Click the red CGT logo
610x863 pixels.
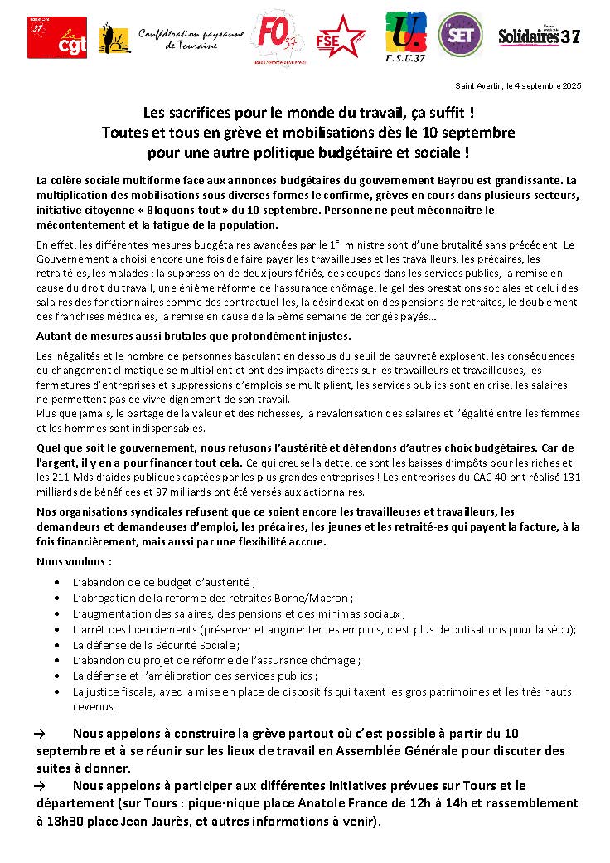pos(56,37)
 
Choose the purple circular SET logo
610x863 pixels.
pos(460,35)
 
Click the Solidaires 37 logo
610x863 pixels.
pos(538,36)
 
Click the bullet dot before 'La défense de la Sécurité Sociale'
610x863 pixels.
pos(56,645)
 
